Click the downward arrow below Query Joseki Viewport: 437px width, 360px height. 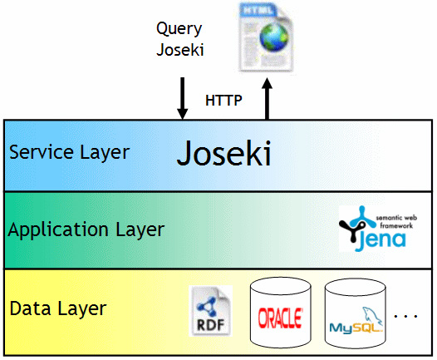(182, 98)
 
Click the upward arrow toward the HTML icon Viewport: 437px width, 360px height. (267, 99)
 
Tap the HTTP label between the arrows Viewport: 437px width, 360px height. (223, 101)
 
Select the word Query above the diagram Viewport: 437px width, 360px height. (179, 29)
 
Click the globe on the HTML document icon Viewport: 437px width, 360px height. (273, 37)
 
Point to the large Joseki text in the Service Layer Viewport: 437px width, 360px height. (224, 154)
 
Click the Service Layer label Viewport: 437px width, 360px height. (70, 153)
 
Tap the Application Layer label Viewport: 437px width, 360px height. (86, 230)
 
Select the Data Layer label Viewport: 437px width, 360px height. (58, 308)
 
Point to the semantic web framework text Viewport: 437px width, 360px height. (396, 222)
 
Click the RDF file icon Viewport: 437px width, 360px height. (210, 311)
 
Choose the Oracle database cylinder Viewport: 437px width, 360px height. (280, 313)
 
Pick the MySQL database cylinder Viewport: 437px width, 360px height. (355, 314)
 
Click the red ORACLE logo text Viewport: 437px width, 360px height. (280, 318)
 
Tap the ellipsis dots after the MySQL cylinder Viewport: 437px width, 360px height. (405, 316)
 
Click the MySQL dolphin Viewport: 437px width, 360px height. (372, 316)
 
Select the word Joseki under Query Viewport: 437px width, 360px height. (180, 50)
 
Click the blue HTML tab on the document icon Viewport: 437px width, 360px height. (258, 10)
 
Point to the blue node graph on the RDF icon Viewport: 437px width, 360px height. (207, 306)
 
